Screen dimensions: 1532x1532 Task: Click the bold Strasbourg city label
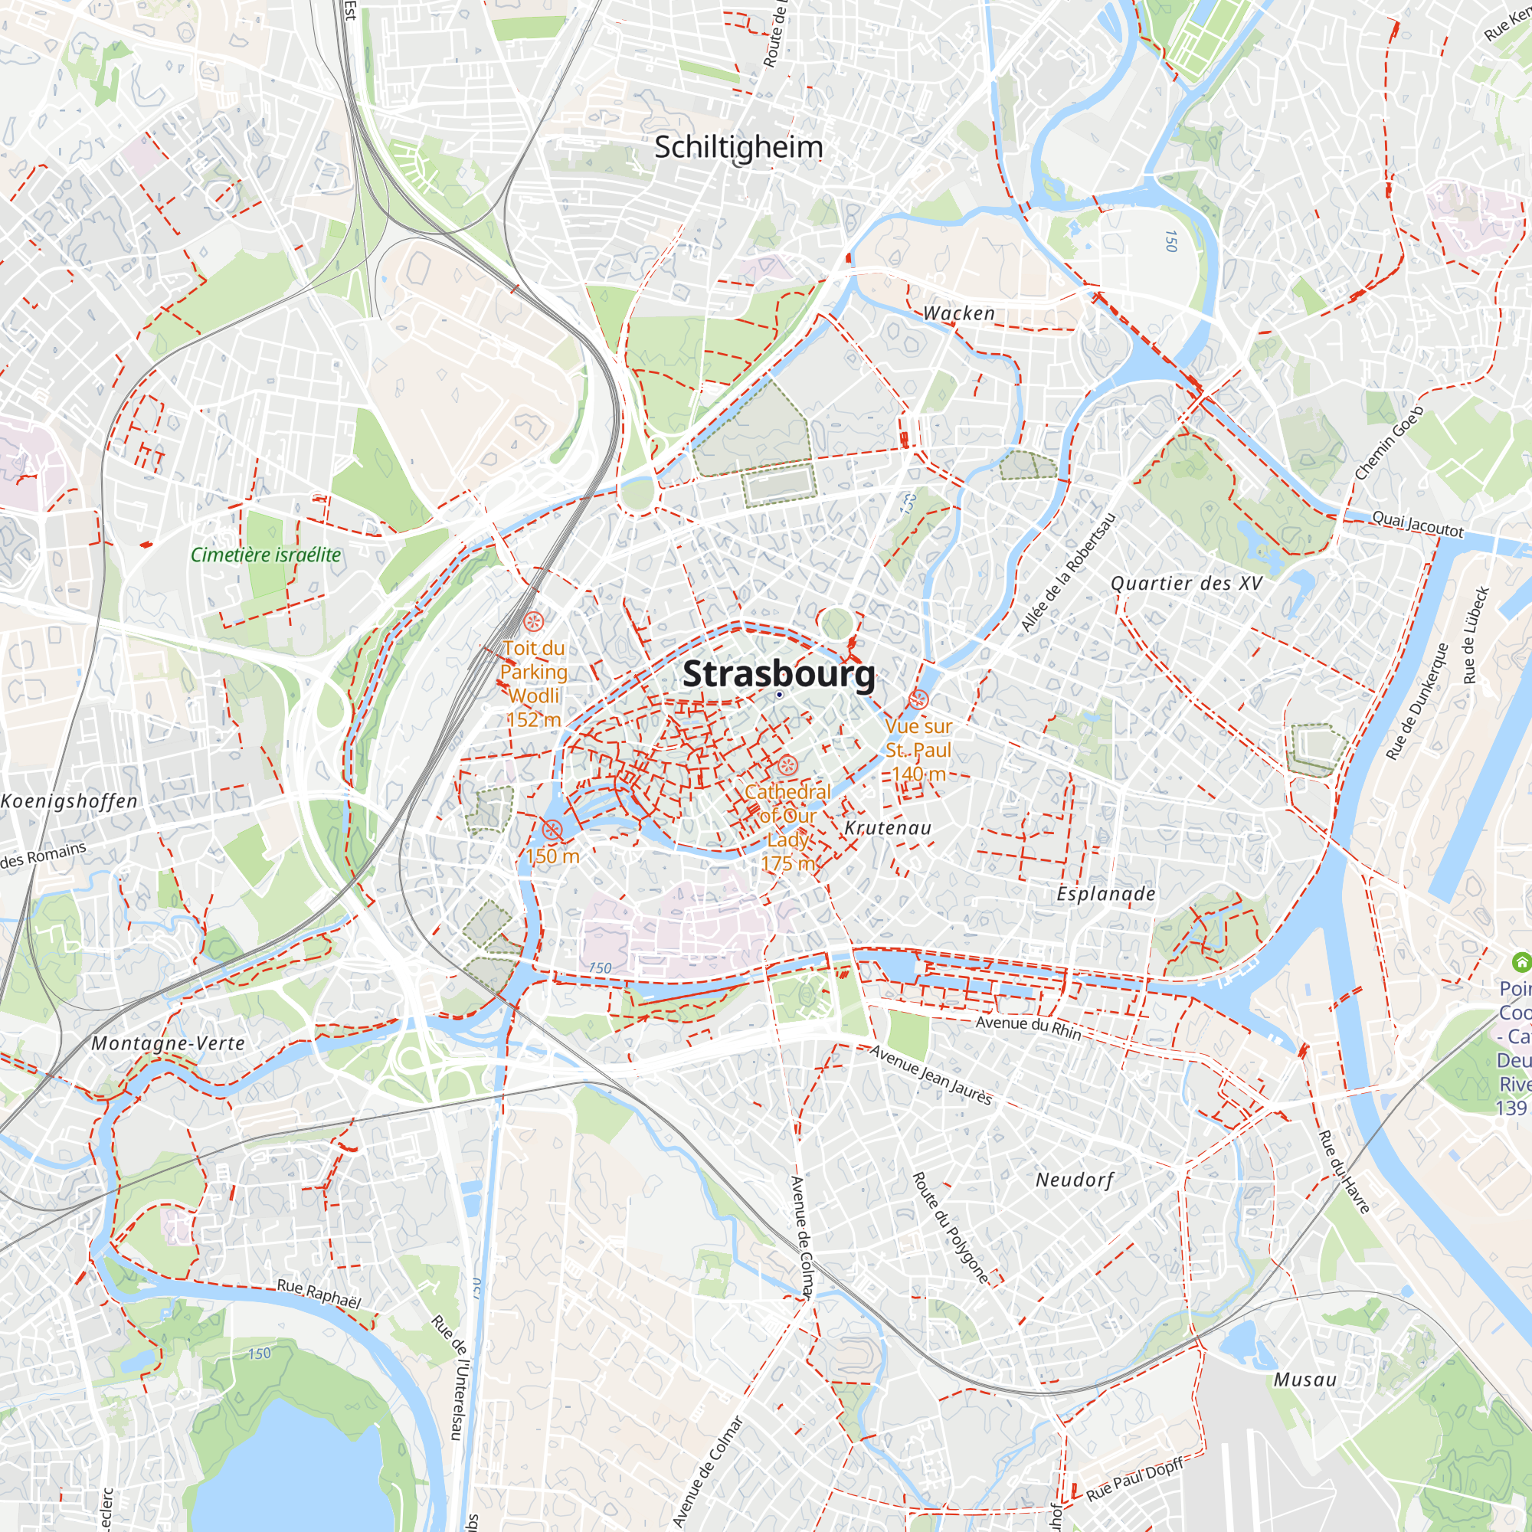(x=779, y=674)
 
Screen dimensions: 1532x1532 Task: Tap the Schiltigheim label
(x=738, y=148)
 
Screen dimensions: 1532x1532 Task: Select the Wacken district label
(x=959, y=313)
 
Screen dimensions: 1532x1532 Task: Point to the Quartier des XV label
(x=1187, y=584)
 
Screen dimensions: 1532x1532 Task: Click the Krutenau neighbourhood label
(x=887, y=828)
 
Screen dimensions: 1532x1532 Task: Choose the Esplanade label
(x=1105, y=894)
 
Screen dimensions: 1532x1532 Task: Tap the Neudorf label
(x=1075, y=1180)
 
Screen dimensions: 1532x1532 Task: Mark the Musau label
(x=1304, y=1380)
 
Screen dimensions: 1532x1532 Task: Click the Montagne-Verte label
(x=168, y=1043)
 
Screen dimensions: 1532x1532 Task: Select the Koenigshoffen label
(x=69, y=801)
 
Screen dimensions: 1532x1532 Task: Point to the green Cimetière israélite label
(x=266, y=555)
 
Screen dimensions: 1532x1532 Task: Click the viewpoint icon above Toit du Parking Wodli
(x=533, y=621)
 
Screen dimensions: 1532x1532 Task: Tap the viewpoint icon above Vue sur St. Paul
(x=919, y=699)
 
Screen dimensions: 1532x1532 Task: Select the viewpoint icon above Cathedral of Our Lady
(x=787, y=765)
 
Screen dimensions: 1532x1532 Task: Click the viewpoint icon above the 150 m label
(x=552, y=830)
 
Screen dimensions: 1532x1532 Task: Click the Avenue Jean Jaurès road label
(x=930, y=1075)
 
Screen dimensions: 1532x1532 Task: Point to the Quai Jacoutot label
(x=1417, y=524)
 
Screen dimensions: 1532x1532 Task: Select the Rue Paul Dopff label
(x=1134, y=1479)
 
